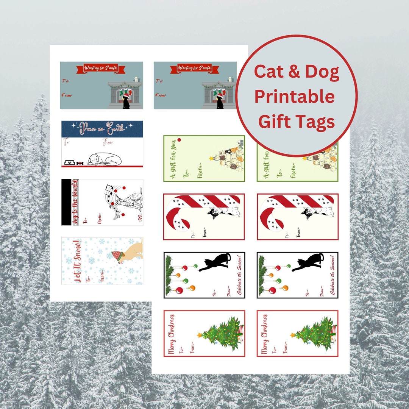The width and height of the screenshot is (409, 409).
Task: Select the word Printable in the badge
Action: pyautogui.click(x=294, y=97)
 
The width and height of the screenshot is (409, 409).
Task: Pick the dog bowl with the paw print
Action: pyautogui.click(x=69, y=163)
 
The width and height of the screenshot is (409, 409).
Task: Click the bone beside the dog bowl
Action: pyautogui.click(x=80, y=163)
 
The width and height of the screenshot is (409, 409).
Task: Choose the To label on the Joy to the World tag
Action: pyautogui.click(x=86, y=220)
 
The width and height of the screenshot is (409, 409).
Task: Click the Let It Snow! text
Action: pyautogui.click(x=77, y=261)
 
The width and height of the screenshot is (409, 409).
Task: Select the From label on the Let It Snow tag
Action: pyautogui.click(x=101, y=278)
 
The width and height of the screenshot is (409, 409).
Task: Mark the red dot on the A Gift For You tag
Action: pyautogui.click(x=179, y=140)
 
